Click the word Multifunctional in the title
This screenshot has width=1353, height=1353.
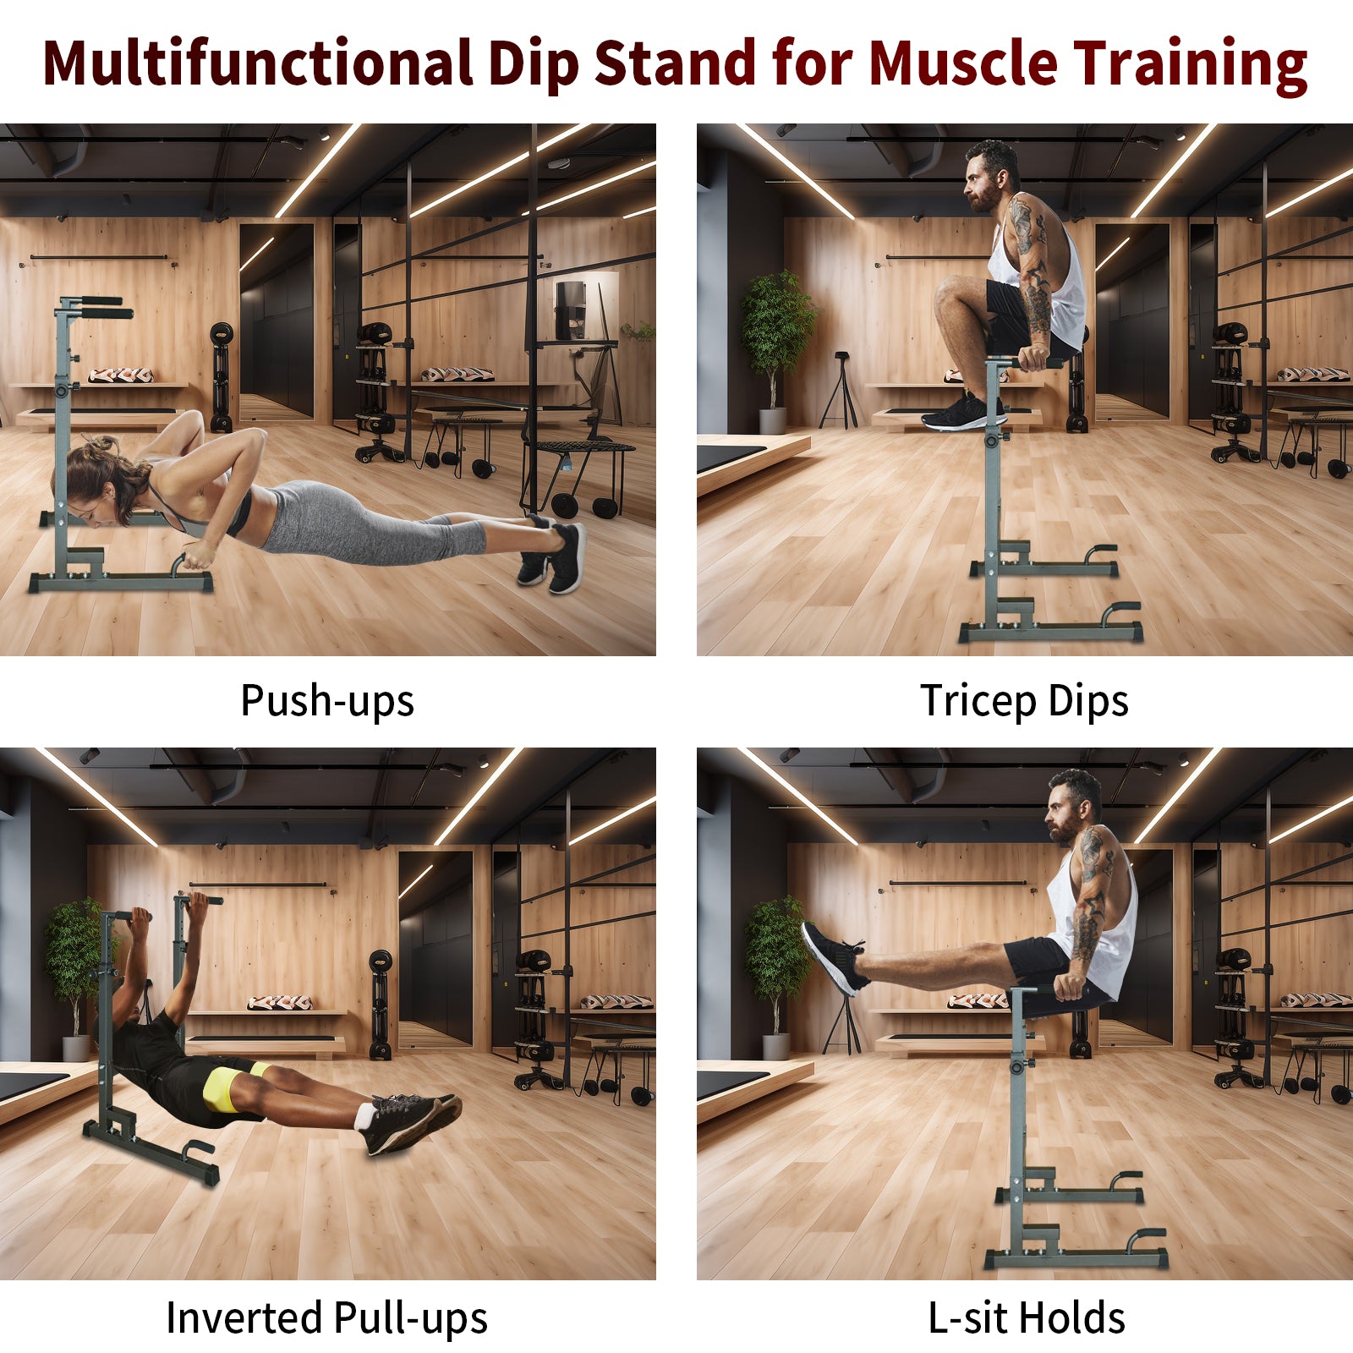pos(258,64)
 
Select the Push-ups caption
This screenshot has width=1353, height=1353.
pos(327,700)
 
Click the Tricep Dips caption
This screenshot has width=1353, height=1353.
pos(1024,700)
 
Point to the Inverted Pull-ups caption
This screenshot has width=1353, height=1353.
pos(326,1317)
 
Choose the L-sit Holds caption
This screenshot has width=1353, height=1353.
pos(1027,1317)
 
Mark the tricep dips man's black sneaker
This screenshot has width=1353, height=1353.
pos(960,412)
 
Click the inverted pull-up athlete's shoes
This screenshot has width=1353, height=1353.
pos(410,1120)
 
